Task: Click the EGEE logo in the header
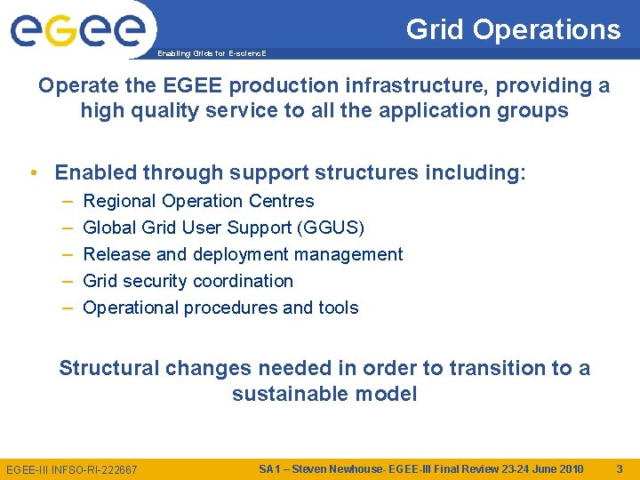pyautogui.click(x=77, y=30)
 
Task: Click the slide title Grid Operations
pyautogui.click(x=513, y=29)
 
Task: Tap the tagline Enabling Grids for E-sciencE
pyautogui.click(x=212, y=54)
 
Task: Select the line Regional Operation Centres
pyautogui.click(x=198, y=201)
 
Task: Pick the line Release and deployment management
pyautogui.click(x=243, y=254)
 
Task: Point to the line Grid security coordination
pyautogui.click(x=188, y=281)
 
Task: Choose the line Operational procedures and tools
pyautogui.click(x=220, y=308)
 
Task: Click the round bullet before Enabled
pyautogui.click(x=33, y=172)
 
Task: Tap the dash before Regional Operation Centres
pyautogui.click(x=68, y=201)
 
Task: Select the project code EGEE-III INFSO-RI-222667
pyautogui.click(x=72, y=469)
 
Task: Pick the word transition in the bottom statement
pyautogui.click(x=496, y=368)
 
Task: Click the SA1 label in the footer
pyautogui.click(x=270, y=468)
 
